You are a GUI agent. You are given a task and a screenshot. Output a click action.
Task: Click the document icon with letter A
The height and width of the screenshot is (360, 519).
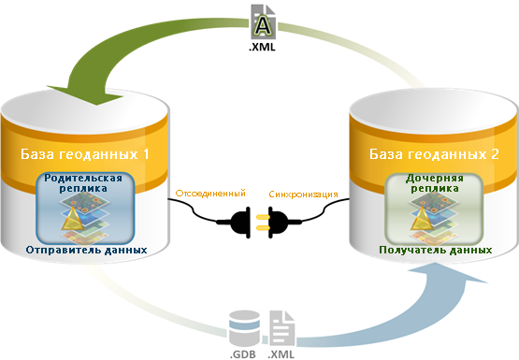pos(263,22)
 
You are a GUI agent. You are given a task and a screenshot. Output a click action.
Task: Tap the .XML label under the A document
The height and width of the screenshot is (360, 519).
pos(262,47)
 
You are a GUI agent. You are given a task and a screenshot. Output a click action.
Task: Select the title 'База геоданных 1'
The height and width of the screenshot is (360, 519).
pos(85,154)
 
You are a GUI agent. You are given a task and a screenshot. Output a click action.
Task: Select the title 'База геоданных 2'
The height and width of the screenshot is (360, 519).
pos(434,154)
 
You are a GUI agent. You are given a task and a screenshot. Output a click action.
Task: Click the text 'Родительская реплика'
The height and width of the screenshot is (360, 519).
pos(83,183)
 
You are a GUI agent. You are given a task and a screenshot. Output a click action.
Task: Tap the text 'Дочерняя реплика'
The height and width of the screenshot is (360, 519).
pos(435,183)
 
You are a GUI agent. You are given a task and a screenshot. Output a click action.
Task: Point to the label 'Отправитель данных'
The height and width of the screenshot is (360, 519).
pos(86,250)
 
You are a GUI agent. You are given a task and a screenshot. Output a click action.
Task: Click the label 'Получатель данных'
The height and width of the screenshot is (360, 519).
pos(436,250)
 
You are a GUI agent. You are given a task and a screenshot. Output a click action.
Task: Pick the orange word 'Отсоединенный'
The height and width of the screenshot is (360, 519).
pos(210,193)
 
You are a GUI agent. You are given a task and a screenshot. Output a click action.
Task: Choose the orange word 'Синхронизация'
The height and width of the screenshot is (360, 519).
pos(303,194)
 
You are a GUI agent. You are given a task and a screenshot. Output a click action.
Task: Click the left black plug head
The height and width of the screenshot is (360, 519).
pos(240,223)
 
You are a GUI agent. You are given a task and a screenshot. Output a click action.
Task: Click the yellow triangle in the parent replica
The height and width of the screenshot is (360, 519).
pos(73,220)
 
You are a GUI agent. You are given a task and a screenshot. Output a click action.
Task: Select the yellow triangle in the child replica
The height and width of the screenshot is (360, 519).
pos(422,219)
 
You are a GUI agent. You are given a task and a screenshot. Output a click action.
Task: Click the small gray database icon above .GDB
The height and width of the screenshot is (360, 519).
pos(244,328)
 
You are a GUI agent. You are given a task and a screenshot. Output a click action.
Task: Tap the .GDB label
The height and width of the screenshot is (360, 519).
pos(242,354)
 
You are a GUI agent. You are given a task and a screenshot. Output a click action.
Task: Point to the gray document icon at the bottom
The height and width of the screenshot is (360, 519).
pos(281,328)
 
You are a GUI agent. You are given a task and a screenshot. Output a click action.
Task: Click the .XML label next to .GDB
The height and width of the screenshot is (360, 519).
pos(281,354)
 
